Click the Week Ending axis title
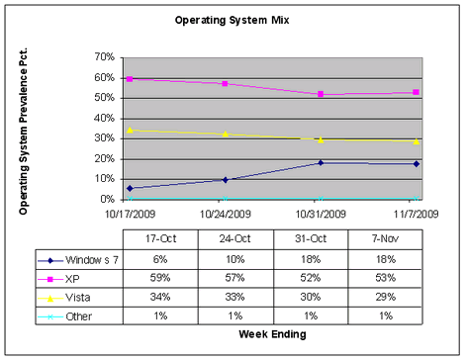pos(272,334)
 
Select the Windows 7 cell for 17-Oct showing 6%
pos(158,260)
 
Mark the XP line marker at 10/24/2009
pos(225,83)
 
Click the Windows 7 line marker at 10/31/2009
pos(321,162)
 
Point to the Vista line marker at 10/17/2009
pos(130,130)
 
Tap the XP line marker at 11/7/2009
pos(417,92)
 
